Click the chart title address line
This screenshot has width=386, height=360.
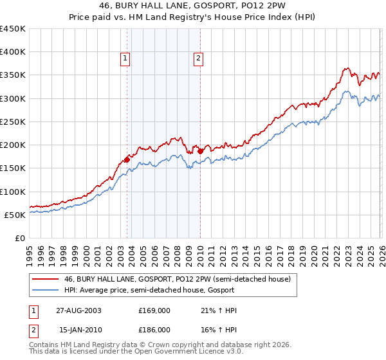click(x=193, y=6)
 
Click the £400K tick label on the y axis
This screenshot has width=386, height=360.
click(x=13, y=52)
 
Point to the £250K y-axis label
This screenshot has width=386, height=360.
click(x=13, y=122)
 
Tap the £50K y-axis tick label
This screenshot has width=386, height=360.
click(x=15, y=215)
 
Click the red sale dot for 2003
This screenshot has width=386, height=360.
click(x=127, y=159)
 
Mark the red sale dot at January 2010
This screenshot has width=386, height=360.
click(x=200, y=152)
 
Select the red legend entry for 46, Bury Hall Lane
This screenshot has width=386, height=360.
click(x=178, y=280)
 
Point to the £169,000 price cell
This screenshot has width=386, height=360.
click(x=154, y=310)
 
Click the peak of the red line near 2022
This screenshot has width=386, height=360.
click(x=346, y=67)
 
